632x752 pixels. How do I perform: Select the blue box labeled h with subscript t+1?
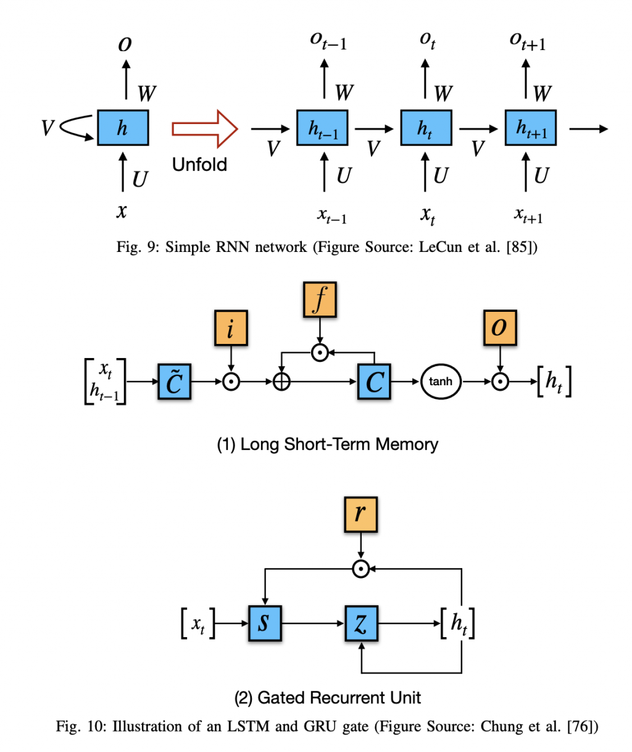click(531, 128)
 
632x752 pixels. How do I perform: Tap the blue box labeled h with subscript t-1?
click(322, 128)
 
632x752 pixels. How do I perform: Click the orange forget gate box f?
click(320, 300)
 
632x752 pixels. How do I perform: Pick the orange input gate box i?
click(230, 328)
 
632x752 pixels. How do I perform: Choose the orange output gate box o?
click(500, 328)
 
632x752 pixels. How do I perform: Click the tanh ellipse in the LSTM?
click(441, 382)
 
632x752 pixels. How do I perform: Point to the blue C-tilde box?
click(175, 382)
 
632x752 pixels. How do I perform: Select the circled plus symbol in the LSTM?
click(281, 382)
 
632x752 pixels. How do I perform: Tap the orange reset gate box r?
click(360, 514)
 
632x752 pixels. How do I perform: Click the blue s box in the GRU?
click(265, 623)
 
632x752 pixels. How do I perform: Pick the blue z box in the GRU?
click(361, 623)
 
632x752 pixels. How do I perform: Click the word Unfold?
click(199, 165)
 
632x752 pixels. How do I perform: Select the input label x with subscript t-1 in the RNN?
click(332, 215)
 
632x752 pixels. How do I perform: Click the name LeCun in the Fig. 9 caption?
click(440, 247)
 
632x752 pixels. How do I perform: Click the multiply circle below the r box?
click(360, 569)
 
